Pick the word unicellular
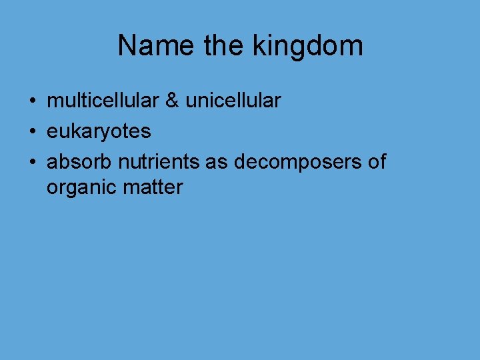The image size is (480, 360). (233, 101)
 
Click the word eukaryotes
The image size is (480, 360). (99, 132)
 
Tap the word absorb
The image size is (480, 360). (79, 162)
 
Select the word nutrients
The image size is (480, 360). (159, 162)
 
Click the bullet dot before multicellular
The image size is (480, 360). (32, 102)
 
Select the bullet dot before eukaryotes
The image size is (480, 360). (32, 132)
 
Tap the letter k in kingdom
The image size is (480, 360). (259, 46)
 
